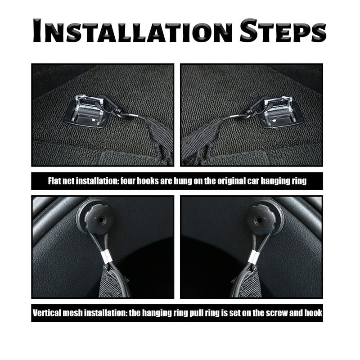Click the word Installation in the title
click(x=133, y=31)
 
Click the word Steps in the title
click(x=283, y=31)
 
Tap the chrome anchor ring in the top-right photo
click(x=279, y=110)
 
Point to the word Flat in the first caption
click(x=55, y=181)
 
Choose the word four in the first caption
click(x=128, y=181)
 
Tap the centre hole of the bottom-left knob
click(x=100, y=220)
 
